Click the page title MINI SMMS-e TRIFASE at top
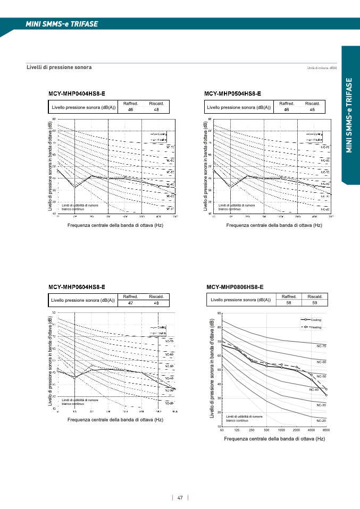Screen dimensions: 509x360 point(61,24)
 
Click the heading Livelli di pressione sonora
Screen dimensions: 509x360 point(59,67)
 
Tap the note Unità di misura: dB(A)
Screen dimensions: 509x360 point(322,68)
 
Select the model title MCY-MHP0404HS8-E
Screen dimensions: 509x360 point(77,94)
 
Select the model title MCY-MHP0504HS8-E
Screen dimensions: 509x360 point(232,94)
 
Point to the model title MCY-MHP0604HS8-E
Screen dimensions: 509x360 point(77,287)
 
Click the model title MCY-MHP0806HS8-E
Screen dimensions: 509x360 point(235,287)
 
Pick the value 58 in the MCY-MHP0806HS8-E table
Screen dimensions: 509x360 point(289,303)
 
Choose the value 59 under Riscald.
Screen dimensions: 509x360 point(315,303)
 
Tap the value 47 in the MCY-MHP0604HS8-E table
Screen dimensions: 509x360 point(131,303)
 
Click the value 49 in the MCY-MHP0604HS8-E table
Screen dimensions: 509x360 point(156,303)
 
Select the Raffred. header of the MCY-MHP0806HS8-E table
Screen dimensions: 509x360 point(289,296)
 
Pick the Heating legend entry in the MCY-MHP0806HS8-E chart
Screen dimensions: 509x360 point(316,327)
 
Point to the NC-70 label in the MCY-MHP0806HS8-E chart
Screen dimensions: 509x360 point(321,346)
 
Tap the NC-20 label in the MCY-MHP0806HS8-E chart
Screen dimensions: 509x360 point(321,421)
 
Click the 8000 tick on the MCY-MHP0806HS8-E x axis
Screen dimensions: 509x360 point(326,430)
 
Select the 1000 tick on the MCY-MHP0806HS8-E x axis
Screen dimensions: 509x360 point(281,430)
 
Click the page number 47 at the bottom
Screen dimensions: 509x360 point(180,498)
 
